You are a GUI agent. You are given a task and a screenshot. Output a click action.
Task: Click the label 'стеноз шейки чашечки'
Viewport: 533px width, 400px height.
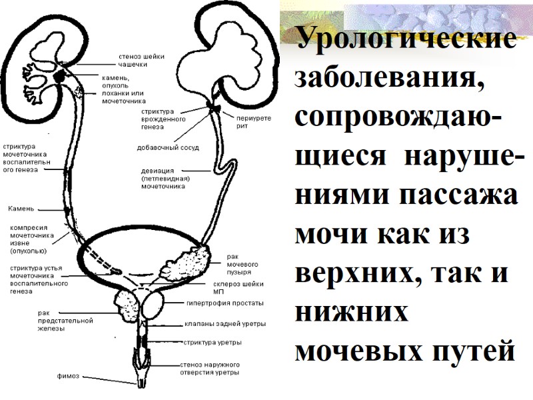coord(141,60)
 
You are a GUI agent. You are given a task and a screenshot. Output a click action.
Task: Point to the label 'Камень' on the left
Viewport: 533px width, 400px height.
coord(21,209)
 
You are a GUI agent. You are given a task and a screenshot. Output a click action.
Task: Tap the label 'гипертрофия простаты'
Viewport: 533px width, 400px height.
coord(225,303)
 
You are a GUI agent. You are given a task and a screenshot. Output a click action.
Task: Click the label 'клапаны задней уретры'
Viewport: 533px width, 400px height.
coord(225,325)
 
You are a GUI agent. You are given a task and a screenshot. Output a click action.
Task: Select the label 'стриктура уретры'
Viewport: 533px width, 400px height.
coord(212,343)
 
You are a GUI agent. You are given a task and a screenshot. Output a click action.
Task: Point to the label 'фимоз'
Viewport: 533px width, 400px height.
coord(68,376)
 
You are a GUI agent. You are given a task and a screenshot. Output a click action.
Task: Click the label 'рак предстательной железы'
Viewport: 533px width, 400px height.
coord(65,320)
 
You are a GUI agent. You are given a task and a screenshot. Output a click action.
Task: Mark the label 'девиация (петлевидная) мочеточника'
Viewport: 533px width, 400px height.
coord(166,178)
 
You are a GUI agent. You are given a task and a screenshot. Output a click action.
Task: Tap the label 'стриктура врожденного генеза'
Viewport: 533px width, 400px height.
coord(158,119)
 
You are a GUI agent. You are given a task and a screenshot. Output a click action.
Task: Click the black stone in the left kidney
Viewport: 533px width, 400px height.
coord(60,75)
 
